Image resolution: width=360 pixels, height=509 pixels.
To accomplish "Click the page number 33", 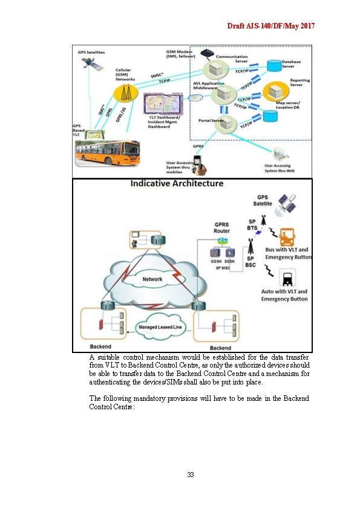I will pos(190,475).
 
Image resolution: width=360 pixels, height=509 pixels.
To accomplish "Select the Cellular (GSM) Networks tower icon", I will pos(125,92).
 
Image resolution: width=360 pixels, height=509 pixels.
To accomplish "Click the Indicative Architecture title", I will pos(177,184).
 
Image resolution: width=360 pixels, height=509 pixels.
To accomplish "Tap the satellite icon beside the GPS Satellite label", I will pos(286,206).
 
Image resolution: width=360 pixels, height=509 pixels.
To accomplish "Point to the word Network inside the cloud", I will pos(152,279).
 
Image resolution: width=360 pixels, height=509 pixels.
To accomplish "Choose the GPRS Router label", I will pos(221,227).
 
